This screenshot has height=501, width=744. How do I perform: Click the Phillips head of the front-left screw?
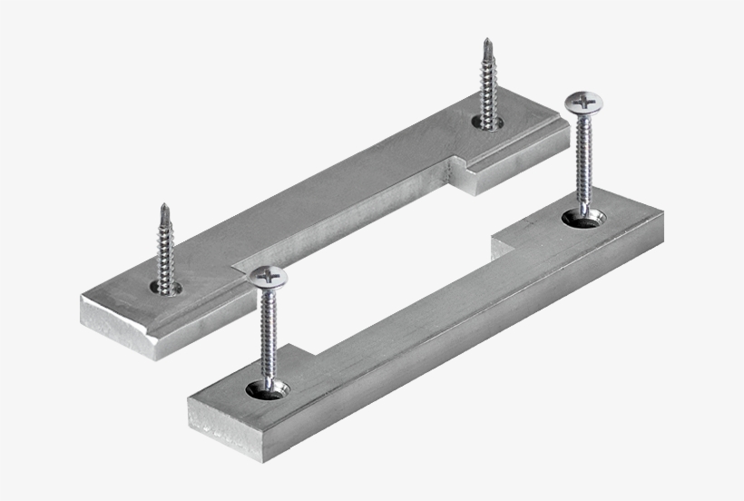coord(268,275)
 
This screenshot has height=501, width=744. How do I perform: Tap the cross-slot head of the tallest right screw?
coord(582,102)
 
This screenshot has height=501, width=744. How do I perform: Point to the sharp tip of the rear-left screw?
coord(164,208)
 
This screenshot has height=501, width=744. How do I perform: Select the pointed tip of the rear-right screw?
coord(487,43)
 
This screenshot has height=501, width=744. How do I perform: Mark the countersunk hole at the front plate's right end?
coord(583,218)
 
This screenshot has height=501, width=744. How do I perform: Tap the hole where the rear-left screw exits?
coord(166,290)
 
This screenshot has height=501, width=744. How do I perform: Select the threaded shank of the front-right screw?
coord(583,163)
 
